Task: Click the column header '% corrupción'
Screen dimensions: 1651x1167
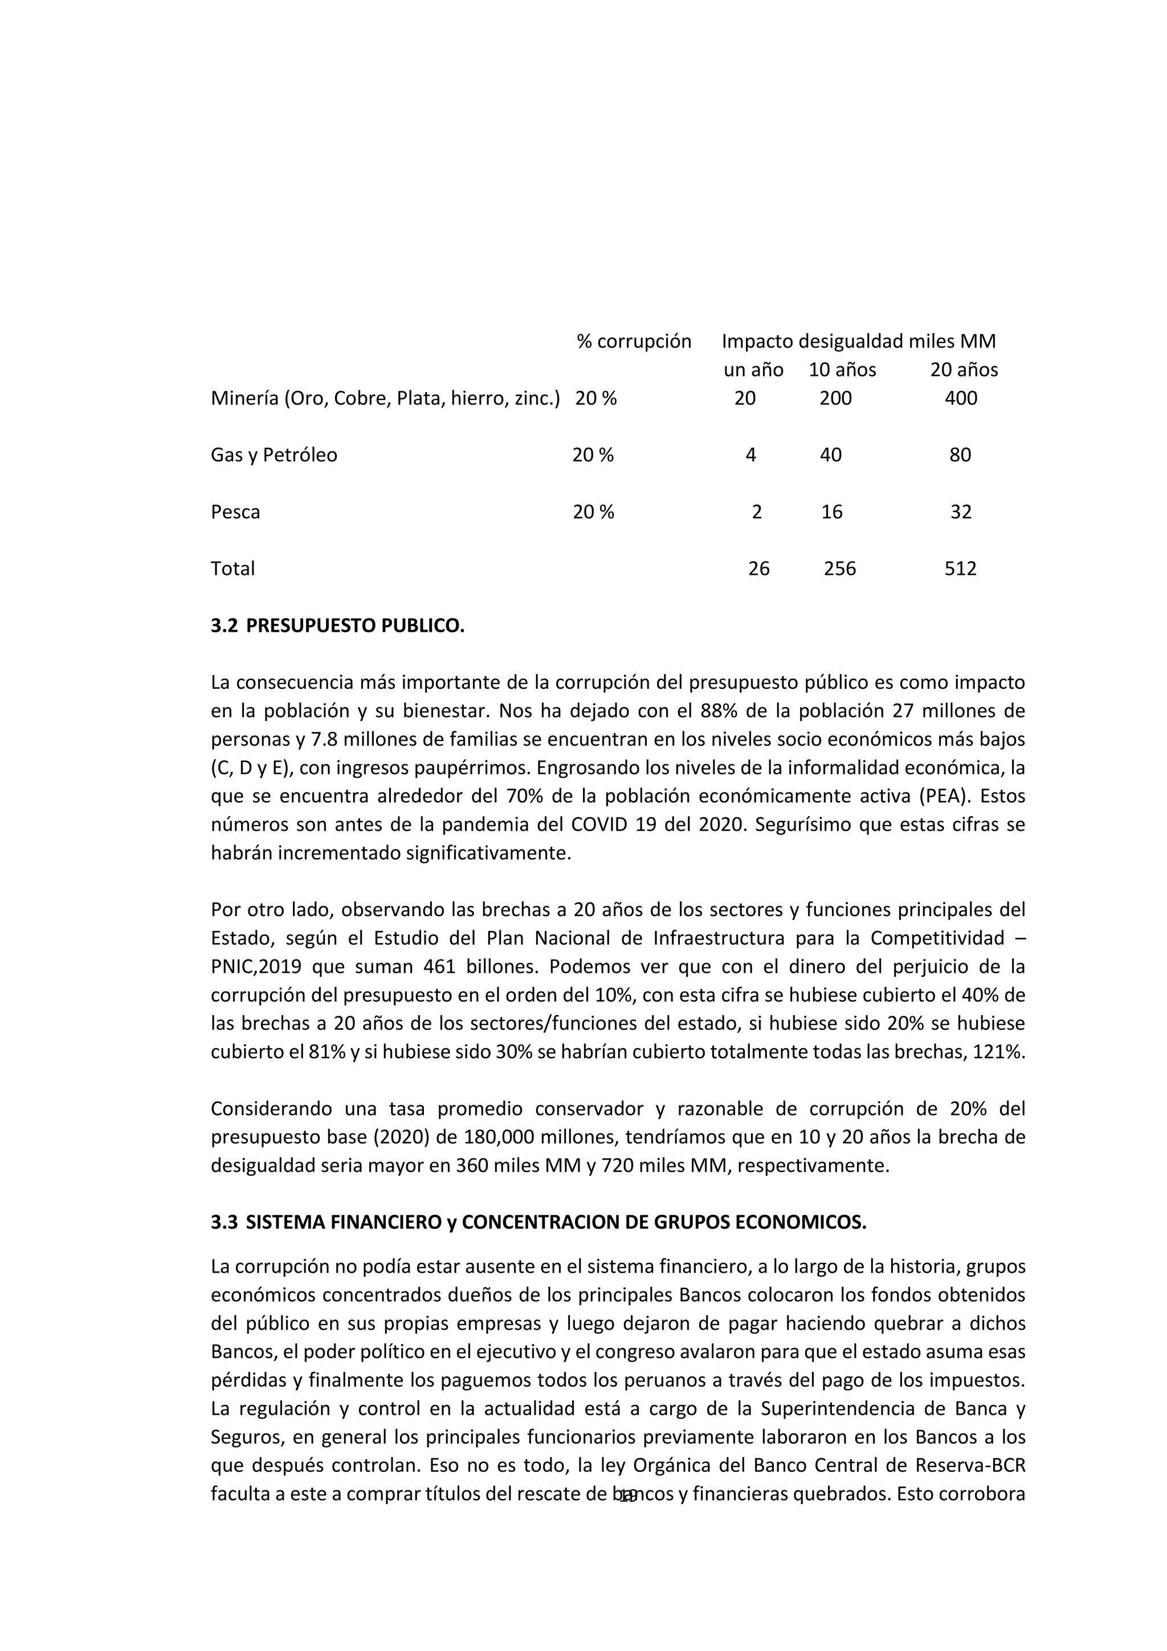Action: tap(634, 342)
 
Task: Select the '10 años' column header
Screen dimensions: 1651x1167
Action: tap(842, 370)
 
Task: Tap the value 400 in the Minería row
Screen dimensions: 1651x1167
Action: tap(961, 398)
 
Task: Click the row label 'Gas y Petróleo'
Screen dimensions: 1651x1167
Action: tap(274, 455)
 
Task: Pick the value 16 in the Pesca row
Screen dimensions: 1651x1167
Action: tap(832, 512)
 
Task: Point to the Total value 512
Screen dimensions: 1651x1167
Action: tap(960, 569)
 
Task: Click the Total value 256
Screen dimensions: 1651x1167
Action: tap(840, 569)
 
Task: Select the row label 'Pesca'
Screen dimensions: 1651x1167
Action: tap(235, 512)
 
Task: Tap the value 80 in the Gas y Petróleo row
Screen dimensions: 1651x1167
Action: tap(960, 455)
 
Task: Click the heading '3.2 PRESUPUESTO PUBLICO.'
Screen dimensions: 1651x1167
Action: tap(338, 626)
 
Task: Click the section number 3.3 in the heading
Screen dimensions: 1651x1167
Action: tap(223, 1223)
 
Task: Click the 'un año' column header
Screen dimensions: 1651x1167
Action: tap(753, 370)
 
